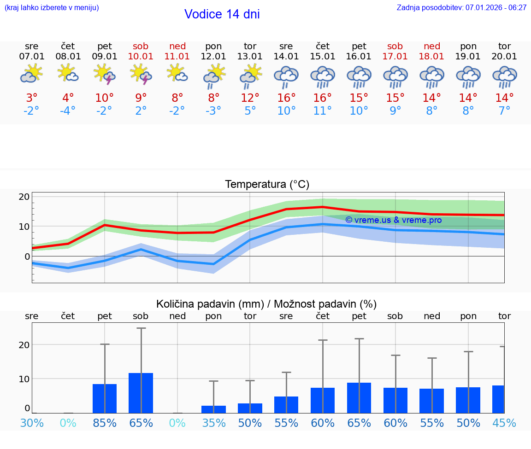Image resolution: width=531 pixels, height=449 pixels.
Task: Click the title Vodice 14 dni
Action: [222, 14]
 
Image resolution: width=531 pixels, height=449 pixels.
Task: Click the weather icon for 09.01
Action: [105, 74]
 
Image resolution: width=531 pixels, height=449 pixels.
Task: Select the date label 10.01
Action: [141, 56]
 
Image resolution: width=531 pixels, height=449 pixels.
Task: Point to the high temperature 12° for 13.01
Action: [250, 98]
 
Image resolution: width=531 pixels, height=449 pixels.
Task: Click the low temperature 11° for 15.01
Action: [323, 111]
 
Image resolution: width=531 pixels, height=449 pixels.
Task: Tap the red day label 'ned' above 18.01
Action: [432, 46]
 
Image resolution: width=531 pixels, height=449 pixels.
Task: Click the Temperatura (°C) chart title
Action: [267, 184]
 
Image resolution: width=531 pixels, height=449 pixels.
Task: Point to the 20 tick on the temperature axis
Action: [24, 197]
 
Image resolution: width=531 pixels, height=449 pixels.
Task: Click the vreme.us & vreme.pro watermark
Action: [393, 220]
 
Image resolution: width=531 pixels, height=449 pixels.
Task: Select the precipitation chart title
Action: [266, 304]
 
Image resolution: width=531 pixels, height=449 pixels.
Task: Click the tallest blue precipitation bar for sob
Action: [141, 393]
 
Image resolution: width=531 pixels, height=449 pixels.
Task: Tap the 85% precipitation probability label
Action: [105, 423]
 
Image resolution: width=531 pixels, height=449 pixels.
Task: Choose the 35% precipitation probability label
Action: [213, 423]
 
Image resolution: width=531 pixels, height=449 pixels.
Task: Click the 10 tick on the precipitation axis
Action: [24, 379]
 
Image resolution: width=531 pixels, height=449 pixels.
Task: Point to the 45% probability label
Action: [504, 423]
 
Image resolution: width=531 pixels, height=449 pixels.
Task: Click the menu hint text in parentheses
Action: [52, 7]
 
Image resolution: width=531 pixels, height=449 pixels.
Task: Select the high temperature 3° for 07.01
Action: [32, 98]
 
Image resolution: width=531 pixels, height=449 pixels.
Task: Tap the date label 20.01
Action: [504, 56]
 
